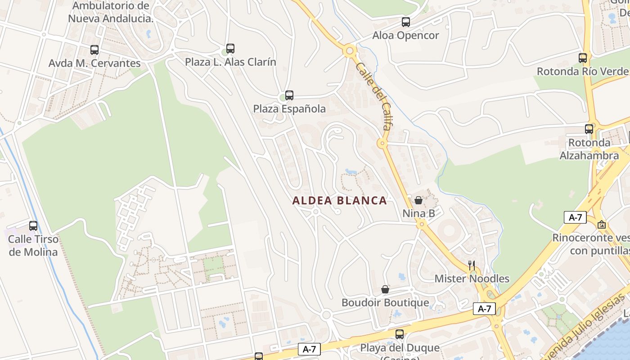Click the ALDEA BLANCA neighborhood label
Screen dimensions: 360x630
339,201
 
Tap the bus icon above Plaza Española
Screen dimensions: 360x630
289,95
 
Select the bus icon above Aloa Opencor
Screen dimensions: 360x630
406,22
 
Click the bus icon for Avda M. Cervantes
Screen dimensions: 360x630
94,50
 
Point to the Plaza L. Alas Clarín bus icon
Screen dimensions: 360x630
230,48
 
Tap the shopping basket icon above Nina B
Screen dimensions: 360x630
418,200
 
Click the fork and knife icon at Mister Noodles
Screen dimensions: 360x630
472,265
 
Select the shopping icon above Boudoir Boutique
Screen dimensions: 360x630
385,289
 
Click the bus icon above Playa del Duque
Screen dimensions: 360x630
399,334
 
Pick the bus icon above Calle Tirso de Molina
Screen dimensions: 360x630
33,225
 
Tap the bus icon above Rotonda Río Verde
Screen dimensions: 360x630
583,58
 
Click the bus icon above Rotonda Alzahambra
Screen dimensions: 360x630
589,129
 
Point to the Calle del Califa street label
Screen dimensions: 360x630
373,96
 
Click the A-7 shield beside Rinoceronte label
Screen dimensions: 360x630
575,217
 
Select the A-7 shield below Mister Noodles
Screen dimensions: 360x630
484,309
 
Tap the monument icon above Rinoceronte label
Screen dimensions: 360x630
602,224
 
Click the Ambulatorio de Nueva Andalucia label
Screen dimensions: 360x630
111,12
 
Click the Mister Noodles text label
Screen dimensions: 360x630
472,279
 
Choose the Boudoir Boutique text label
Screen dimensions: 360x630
385,302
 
